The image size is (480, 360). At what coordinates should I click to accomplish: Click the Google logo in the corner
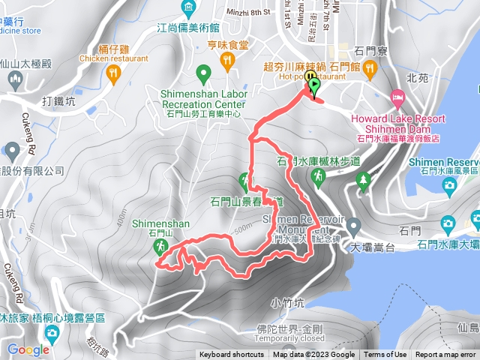coord(28,349)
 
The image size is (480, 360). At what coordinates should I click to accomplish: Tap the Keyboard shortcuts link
coord(231,355)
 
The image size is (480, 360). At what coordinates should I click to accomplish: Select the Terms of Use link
coord(385,355)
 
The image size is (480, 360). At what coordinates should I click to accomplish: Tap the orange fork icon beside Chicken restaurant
coord(114,72)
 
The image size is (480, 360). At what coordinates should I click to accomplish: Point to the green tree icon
coord(364,180)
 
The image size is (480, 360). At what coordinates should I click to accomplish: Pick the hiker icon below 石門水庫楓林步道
coord(318,176)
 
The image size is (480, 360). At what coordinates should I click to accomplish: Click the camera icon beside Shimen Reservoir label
coord(449,184)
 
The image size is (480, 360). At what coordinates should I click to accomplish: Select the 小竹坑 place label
coord(288,304)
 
